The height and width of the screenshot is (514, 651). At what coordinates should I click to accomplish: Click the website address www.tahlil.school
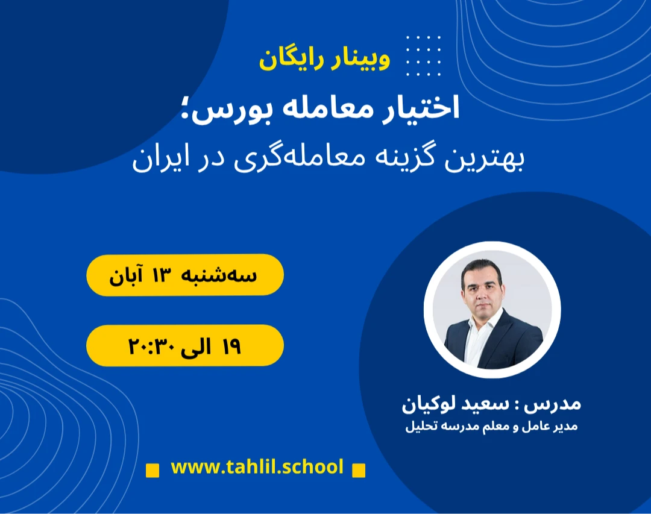click(257, 466)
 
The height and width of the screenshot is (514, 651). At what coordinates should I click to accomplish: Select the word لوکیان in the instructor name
click(429, 403)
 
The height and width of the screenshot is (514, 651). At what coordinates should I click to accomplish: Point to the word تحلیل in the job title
click(420, 427)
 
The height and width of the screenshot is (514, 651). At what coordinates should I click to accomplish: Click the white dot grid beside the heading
click(423, 55)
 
